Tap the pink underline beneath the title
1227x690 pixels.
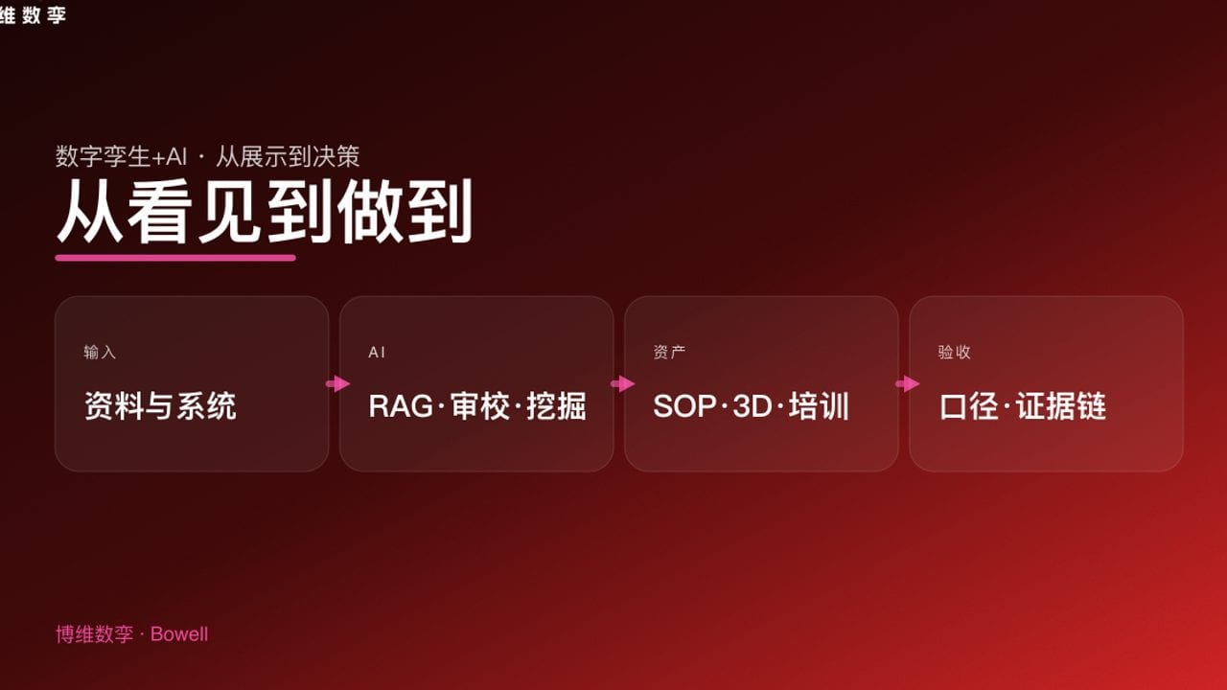[175, 257]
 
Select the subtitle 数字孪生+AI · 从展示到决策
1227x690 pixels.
[207, 156]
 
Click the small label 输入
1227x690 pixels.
[100, 353]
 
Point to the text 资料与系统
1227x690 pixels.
[160, 406]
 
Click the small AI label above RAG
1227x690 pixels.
[377, 353]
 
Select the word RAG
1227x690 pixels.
[401, 406]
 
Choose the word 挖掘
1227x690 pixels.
[556, 406]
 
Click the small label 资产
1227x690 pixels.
[669, 353]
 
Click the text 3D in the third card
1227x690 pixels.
[752, 406]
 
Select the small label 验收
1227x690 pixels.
[954, 353]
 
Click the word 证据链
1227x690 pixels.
[1061, 406]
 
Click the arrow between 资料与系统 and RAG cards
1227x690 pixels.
[337, 384]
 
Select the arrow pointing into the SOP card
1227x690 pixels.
[622, 384]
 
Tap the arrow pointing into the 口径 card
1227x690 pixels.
[907, 384]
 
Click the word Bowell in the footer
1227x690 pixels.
[179, 634]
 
